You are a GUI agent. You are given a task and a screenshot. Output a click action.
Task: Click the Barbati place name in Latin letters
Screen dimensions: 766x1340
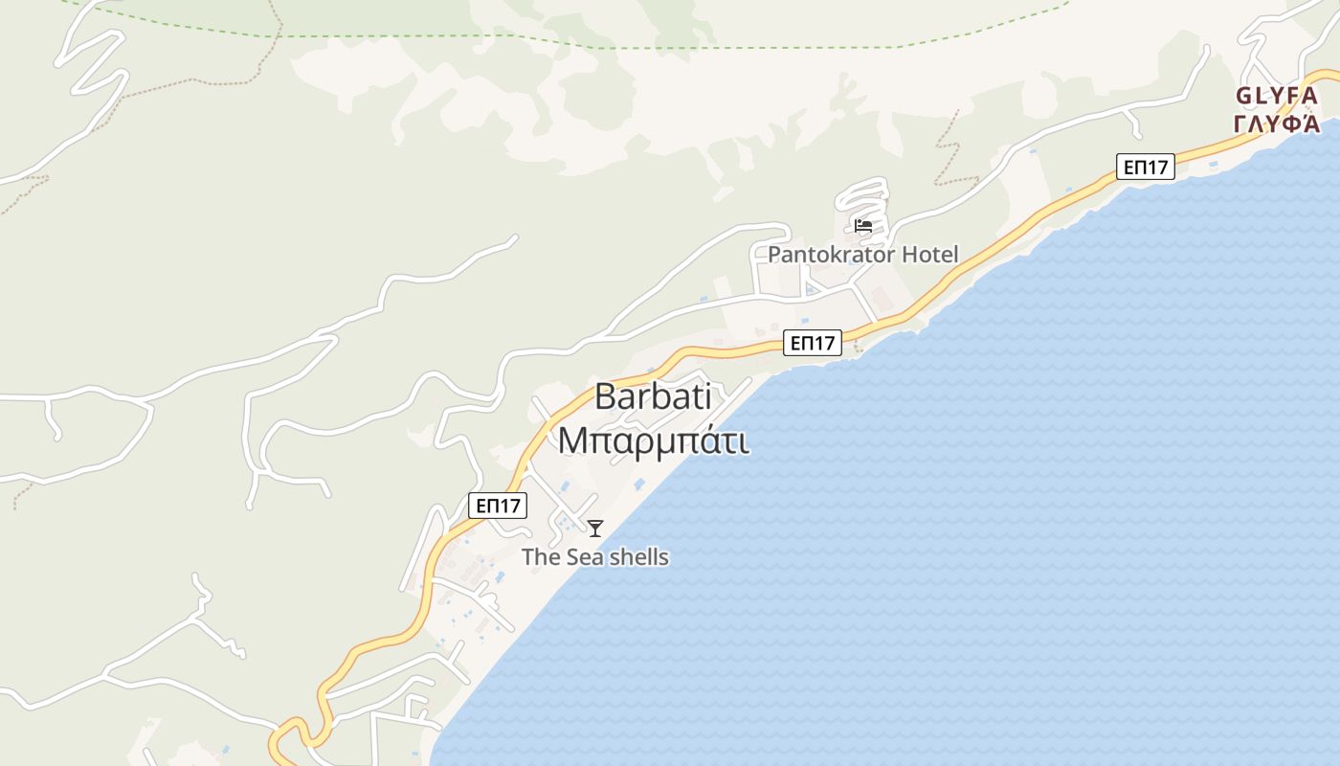pos(653,396)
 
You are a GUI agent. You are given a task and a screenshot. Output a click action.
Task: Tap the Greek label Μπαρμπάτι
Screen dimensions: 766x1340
pos(653,440)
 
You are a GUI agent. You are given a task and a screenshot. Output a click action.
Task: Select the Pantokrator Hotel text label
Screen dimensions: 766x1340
pos(862,255)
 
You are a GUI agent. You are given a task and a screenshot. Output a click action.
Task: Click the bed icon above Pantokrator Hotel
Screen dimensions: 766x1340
pos(863,226)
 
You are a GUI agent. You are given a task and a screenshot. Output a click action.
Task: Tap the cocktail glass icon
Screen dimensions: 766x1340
pos(595,528)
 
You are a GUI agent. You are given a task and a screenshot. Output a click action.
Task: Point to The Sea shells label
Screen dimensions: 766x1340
pos(594,557)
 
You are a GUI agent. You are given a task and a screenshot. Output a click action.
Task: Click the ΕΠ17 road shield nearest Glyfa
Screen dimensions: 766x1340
pos(1145,167)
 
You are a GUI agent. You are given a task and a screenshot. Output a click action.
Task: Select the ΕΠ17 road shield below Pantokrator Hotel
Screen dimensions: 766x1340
pos(812,343)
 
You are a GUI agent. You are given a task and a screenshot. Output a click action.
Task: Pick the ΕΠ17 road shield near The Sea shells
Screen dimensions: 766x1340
pos(498,506)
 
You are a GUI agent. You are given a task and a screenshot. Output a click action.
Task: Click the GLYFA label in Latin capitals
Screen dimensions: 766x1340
pos(1277,96)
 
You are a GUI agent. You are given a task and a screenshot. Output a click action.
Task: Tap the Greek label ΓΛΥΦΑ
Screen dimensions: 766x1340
pos(1277,124)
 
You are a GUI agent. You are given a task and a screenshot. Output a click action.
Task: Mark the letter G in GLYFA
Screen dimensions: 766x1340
pos(1243,96)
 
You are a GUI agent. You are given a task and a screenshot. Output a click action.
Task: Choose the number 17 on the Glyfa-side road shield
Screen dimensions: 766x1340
pos(1155,167)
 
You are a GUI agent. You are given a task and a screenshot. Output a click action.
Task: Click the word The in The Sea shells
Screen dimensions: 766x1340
pos(540,557)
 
